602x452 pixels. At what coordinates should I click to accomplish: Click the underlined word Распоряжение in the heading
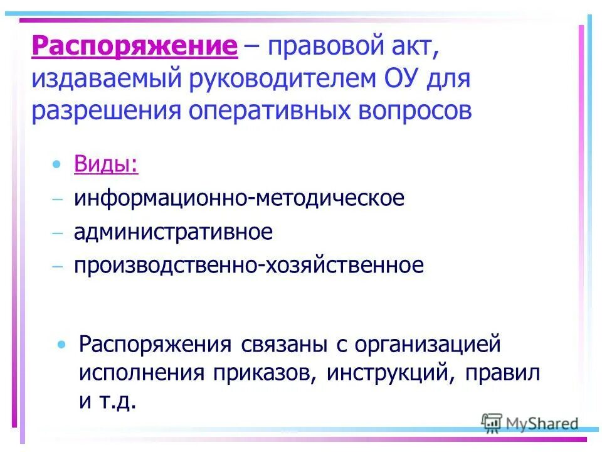[134, 46]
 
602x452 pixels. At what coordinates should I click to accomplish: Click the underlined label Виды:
[106, 165]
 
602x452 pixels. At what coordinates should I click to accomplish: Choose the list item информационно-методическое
[239, 198]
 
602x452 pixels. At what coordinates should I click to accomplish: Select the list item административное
[173, 232]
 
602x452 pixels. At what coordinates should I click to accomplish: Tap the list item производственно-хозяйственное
[248, 265]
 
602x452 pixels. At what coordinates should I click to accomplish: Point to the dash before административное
[58, 233]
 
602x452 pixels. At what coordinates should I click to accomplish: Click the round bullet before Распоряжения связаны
[61, 345]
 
